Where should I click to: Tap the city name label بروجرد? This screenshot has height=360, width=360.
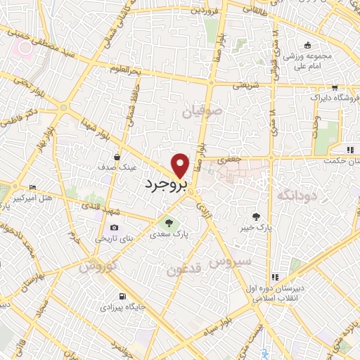tap(165, 185)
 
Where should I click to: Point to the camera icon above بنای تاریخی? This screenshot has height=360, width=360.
tap(114, 228)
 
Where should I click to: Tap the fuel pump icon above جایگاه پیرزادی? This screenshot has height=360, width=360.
tap(123, 295)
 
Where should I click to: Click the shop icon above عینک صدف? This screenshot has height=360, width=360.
tap(117, 157)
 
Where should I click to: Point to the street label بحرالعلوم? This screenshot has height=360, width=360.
tap(108, 68)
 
